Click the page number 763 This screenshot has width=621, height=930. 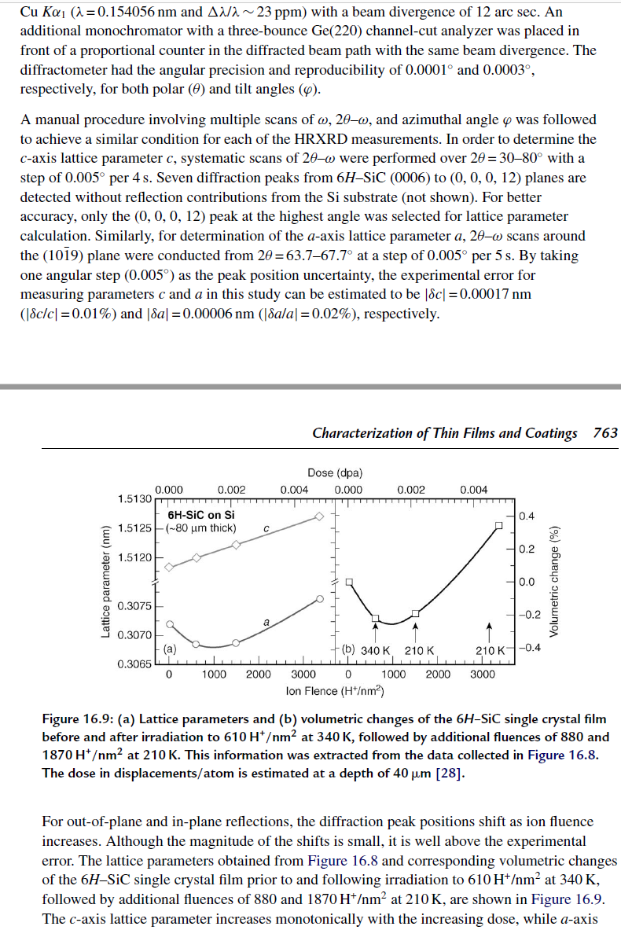coord(604,433)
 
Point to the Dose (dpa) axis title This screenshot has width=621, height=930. coord(335,472)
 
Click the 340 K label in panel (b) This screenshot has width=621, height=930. coord(376,650)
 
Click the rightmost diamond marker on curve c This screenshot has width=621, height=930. coord(318,516)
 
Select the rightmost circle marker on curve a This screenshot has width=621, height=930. coord(318,599)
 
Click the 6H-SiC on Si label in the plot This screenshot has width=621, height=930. coord(200,515)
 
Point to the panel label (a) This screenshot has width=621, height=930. coord(170,649)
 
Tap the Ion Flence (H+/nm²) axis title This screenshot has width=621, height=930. coord(335,691)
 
